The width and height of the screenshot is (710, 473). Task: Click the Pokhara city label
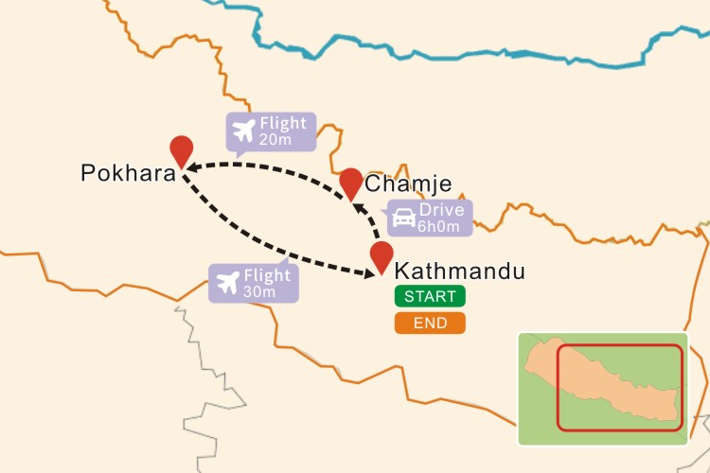(x=128, y=174)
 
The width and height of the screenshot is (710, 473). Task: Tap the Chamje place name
(x=407, y=184)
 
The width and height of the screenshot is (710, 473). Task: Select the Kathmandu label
(x=458, y=272)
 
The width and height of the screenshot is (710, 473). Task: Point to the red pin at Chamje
(x=351, y=182)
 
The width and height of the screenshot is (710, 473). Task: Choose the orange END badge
(x=430, y=323)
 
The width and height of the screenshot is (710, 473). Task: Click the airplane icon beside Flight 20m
(x=244, y=130)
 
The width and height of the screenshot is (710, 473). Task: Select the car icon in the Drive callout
(x=403, y=218)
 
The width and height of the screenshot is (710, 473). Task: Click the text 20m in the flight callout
(x=275, y=139)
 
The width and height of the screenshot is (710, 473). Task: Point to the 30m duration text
(x=259, y=291)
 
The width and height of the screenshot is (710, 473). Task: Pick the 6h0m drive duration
(x=439, y=226)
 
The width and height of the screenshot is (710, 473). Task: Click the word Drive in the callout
(x=441, y=210)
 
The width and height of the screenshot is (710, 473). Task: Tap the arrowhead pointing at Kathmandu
(x=370, y=273)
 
